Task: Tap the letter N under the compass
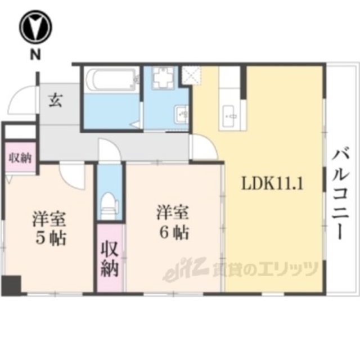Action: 35,55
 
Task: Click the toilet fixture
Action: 109,205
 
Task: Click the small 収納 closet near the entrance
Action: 19,159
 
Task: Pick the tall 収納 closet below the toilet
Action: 109,258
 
